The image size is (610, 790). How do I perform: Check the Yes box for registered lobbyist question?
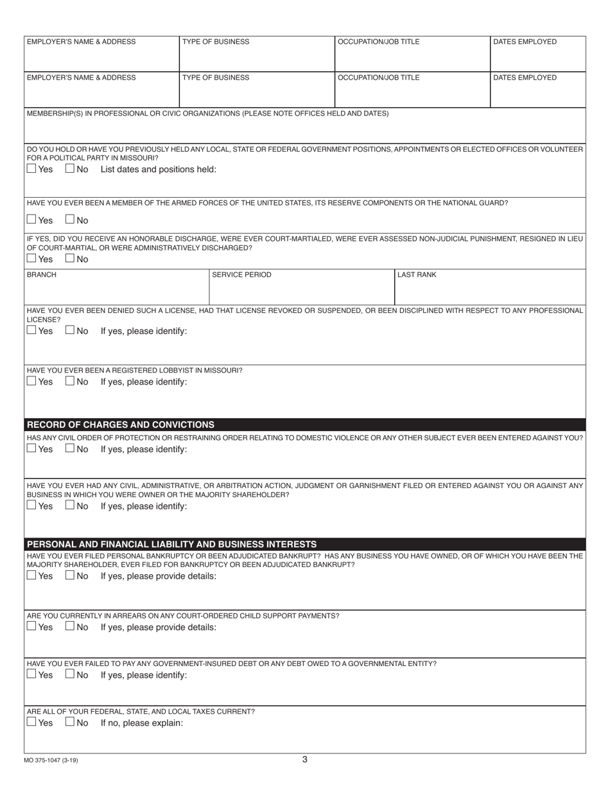31,382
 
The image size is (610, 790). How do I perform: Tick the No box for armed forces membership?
70,220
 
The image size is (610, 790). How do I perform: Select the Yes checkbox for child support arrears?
31,627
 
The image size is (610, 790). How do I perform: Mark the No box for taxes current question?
70,723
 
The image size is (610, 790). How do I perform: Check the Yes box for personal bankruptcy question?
31,575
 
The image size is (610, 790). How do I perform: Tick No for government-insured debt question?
70,675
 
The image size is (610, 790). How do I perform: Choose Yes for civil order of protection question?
31,449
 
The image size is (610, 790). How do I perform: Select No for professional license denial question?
70,331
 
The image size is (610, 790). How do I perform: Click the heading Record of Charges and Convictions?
121,425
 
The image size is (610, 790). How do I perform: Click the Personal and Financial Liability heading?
171,544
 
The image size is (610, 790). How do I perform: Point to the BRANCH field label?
41,275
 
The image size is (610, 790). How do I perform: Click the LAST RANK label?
417,275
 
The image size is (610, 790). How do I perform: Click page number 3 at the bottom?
304,759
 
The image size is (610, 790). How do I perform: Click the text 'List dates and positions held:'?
159,170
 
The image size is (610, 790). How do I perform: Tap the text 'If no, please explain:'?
142,723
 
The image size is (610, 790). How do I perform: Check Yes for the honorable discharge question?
31,259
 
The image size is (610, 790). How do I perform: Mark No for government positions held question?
70,170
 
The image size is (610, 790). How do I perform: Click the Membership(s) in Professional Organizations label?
207,114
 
